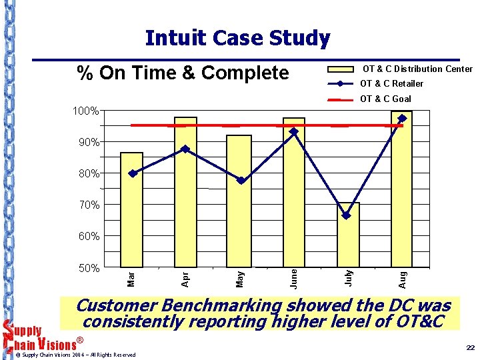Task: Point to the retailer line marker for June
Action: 293,132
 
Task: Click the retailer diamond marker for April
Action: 185,149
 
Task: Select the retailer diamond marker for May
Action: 241,181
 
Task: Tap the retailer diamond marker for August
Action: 402,119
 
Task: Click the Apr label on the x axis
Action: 185,277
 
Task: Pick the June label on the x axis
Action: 293,277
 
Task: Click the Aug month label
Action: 402,277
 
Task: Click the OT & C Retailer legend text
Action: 391,84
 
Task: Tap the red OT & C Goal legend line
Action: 341,99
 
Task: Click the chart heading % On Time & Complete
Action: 183,73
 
